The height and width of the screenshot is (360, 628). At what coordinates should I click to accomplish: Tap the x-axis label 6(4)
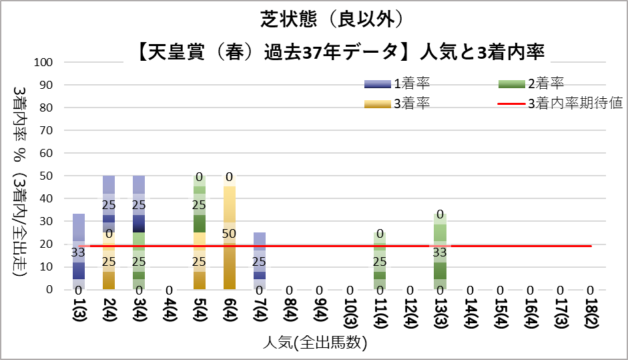click(229, 311)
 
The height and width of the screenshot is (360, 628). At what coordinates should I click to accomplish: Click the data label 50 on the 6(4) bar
click(229, 233)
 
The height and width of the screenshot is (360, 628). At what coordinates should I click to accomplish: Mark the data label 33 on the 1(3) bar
click(79, 252)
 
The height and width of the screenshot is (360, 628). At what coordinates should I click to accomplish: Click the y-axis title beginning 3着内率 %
click(19, 180)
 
